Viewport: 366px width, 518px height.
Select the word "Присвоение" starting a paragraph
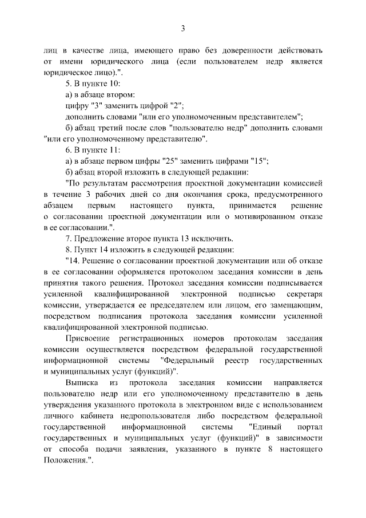(x=88, y=338)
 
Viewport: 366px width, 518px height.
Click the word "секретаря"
(x=303, y=294)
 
